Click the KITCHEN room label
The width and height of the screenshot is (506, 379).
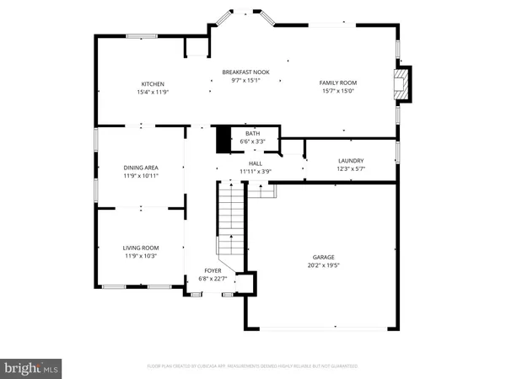point(153,83)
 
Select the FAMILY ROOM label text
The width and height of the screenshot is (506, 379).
point(337,83)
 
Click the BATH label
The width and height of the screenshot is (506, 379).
point(252,133)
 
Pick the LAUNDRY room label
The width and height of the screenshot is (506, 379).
point(350,160)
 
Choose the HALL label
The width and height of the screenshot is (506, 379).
point(255,164)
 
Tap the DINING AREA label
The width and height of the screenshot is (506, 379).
point(141,168)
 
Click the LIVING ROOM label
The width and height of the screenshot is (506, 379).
point(141,247)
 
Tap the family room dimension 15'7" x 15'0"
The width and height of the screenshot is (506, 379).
point(337,90)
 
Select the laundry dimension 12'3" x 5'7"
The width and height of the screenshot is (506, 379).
point(350,168)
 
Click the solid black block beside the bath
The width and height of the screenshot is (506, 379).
point(223,139)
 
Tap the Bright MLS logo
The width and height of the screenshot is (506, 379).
point(31,367)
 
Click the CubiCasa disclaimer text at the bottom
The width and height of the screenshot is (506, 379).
point(253,366)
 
